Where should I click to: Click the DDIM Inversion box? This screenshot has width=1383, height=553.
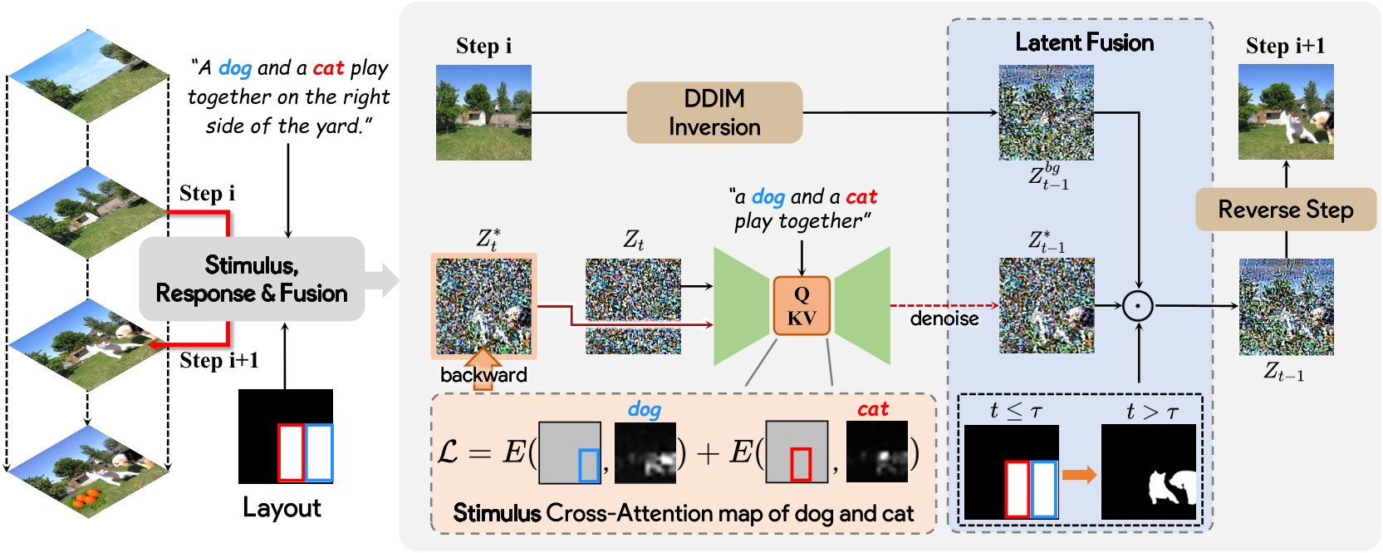714,112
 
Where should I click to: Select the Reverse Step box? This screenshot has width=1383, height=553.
1285,210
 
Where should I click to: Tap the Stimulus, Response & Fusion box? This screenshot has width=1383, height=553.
251,279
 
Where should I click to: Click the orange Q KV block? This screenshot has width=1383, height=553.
802,306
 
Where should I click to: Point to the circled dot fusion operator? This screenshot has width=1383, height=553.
1138,306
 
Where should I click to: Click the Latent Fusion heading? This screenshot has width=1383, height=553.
1084,42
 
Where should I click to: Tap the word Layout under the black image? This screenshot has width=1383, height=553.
282,507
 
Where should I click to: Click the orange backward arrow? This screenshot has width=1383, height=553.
483,363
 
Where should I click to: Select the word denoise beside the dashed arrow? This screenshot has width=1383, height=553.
944,318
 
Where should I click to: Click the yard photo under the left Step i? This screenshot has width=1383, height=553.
483,112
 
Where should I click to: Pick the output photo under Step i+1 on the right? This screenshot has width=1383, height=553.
1285,112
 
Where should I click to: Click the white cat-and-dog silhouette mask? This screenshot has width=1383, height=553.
1172,487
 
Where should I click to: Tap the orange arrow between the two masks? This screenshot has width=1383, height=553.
1079,475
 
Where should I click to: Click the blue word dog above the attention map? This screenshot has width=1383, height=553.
644,409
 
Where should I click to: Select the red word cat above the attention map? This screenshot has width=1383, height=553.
872,409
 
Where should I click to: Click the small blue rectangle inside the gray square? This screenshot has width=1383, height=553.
589,465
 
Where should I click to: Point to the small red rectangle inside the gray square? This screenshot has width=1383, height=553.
800,464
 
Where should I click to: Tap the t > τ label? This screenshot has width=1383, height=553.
1152,412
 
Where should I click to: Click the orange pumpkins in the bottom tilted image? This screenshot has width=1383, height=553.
86,498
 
